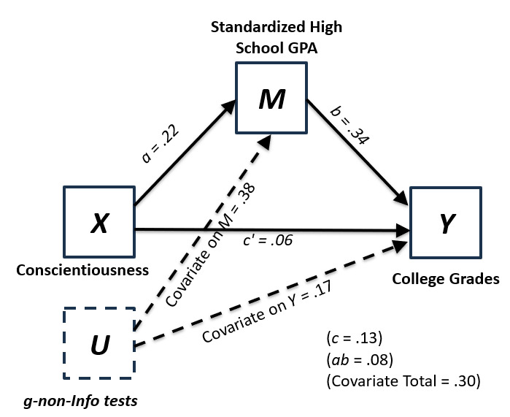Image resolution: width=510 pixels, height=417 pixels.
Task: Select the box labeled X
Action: pyautogui.click(x=98, y=222)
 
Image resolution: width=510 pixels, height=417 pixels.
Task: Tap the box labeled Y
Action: pyautogui.click(x=445, y=223)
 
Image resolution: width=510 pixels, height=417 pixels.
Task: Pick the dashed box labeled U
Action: pyautogui.click(x=98, y=342)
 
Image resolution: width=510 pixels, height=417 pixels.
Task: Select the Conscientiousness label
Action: pyautogui.click(x=83, y=269)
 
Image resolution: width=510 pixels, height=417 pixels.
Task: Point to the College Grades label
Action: pyautogui.click(x=445, y=279)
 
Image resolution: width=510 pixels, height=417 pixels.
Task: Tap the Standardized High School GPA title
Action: pyautogui.click(x=277, y=37)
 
